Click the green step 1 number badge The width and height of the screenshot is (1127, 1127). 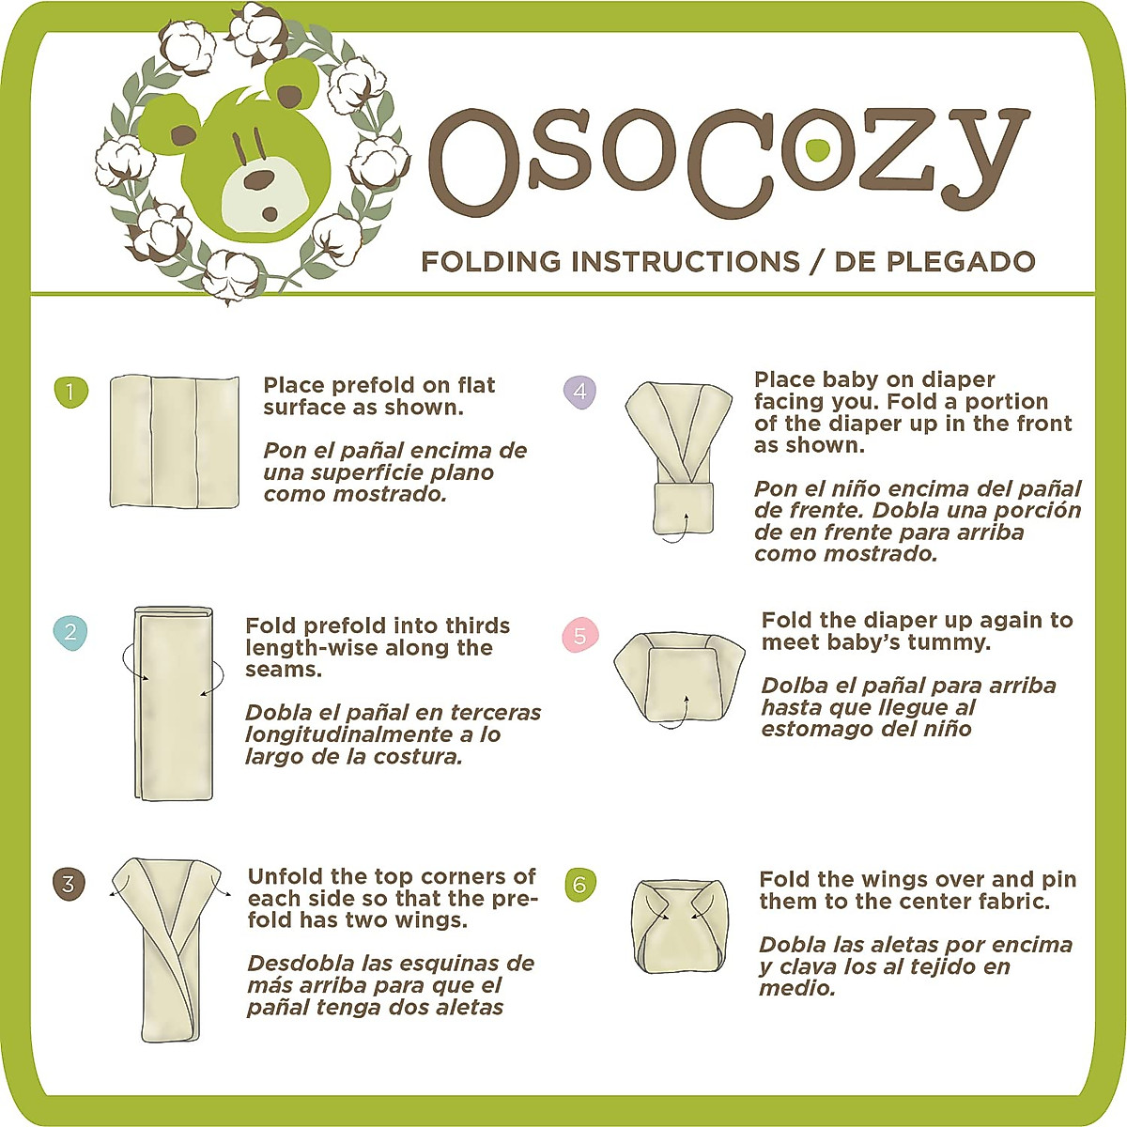pyautogui.click(x=70, y=392)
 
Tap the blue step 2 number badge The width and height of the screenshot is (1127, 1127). pyautogui.click(x=69, y=632)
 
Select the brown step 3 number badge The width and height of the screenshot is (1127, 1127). pyautogui.click(x=68, y=884)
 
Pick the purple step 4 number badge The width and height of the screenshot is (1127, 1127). pyautogui.click(x=579, y=391)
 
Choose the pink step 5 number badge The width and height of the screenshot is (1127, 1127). pyautogui.click(x=579, y=636)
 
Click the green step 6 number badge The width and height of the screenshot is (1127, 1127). pyautogui.click(x=579, y=885)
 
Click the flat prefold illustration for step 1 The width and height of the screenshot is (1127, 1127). pyautogui.click(x=175, y=442)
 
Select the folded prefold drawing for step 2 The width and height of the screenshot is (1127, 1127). pyautogui.click(x=174, y=703)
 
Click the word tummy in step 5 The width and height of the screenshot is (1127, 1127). pyautogui.click(x=955, y=643)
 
